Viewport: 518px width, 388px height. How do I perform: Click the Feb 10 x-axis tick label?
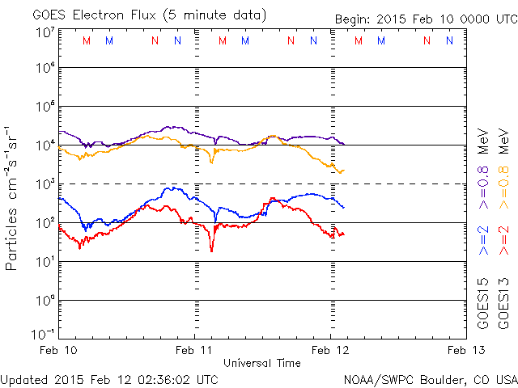coord(60,349)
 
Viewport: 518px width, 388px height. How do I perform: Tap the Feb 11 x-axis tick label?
coord(195,349)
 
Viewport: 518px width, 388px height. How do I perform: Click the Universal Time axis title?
coord(262,363)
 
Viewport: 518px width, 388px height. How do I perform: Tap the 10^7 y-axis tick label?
coord(45,32)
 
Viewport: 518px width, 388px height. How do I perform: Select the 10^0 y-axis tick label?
coord(45,301)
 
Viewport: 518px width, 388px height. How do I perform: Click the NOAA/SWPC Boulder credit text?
coord(429,379)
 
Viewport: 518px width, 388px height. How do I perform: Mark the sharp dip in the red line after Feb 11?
coord(212,250)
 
